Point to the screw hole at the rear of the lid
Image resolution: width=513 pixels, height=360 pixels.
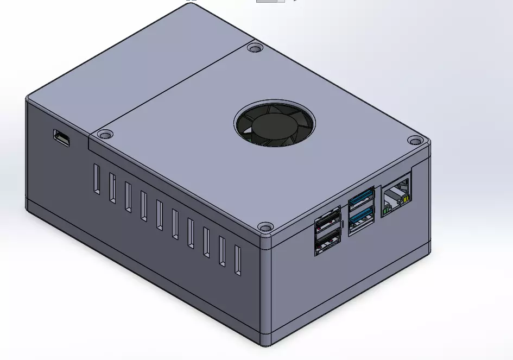(254, 48)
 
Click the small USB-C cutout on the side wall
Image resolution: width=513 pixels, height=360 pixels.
(61, 138)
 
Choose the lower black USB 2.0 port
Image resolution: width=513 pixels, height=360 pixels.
(327, 242)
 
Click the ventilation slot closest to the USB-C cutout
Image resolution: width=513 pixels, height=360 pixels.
(96, 179)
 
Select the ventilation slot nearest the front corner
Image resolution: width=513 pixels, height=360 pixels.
(237, 261)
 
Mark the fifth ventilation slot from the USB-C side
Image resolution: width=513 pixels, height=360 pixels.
(160, 215)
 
